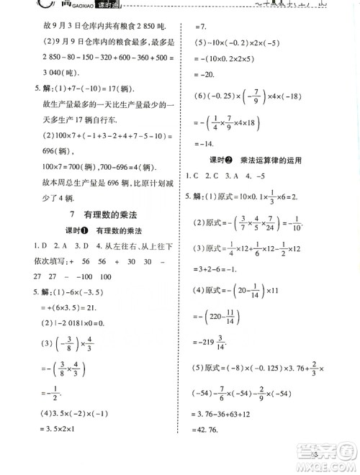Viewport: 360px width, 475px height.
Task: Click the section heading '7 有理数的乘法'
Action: [90, 215]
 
